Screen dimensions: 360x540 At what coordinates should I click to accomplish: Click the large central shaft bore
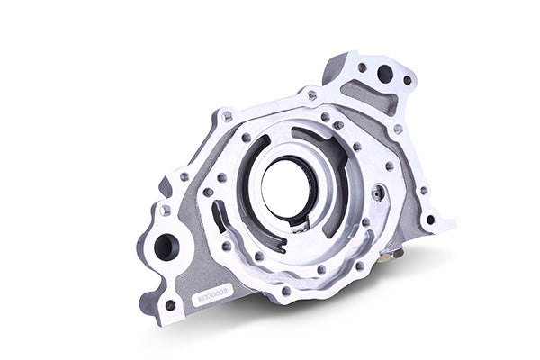point(286,186)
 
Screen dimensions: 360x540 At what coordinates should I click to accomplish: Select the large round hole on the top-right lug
point(384,75)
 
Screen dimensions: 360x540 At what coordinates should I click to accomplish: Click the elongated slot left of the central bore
point(219,216)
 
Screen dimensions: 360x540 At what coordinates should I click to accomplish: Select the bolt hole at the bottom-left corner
point(170,305)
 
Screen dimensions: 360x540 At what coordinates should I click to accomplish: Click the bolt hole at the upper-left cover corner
point(227,117)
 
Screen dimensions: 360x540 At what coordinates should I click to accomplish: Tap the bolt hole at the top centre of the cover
point(311,95)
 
